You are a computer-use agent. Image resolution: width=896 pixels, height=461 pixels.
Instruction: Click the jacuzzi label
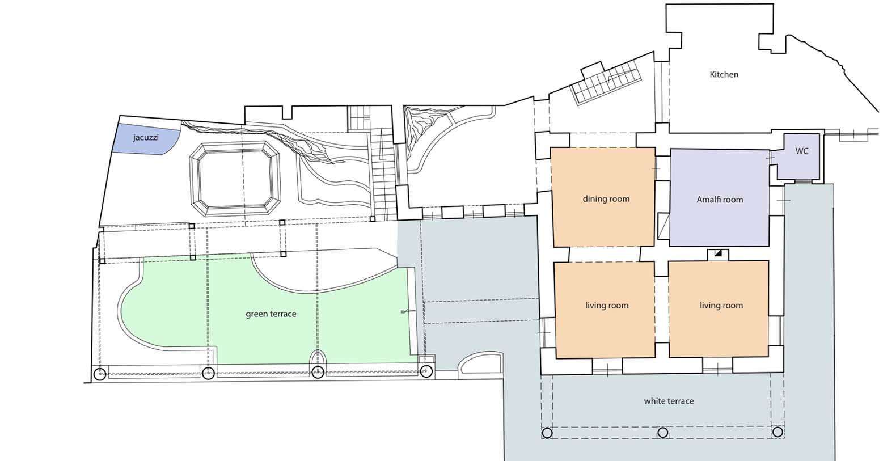146,138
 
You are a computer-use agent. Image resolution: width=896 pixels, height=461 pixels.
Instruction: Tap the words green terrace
271,314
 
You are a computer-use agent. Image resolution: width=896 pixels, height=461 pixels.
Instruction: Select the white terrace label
669,401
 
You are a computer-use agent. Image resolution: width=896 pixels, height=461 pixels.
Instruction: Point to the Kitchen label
724,74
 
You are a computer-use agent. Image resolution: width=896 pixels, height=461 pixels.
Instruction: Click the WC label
802,151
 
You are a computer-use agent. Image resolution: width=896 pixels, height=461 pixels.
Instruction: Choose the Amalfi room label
720,200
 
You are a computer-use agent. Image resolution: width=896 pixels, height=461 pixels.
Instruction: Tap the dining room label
606,199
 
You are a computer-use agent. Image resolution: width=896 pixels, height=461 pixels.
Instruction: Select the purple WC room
798,157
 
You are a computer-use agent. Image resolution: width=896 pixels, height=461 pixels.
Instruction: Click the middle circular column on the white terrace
663,433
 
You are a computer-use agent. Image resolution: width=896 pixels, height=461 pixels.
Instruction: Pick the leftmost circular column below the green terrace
100,374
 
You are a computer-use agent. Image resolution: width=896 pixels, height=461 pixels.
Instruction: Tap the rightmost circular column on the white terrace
777,432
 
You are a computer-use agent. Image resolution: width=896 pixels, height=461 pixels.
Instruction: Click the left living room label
607,306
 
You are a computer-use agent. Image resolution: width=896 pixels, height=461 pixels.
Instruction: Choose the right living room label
721,306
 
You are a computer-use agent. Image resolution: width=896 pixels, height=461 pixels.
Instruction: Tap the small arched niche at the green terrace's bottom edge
318,357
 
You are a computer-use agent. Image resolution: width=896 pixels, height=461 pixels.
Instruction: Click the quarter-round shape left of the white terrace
480,365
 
